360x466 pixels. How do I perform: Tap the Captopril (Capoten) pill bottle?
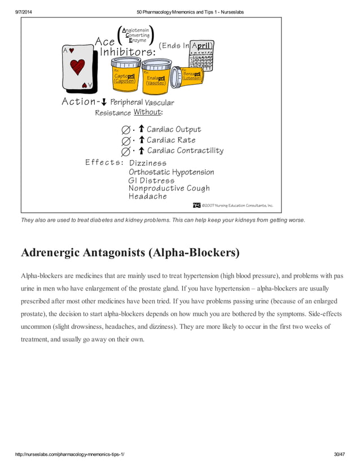[x=124, y=75]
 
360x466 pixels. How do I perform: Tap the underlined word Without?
[x=147, y=112]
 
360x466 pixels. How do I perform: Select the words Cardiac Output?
[x=174, y=130]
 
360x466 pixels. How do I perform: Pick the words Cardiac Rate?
[x=171, y=140]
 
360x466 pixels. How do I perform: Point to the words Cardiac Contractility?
[x=185, y=151]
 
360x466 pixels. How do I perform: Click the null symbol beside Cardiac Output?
[x=125, y=130]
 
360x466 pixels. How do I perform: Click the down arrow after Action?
[x=104, y=102]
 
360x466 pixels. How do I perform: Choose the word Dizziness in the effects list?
[x=148, y=163]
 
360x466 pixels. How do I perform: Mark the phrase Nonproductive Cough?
[x=169, y=188]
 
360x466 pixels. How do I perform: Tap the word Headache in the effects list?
[x=148, y=196]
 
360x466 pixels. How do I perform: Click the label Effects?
[x=104, y=162]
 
